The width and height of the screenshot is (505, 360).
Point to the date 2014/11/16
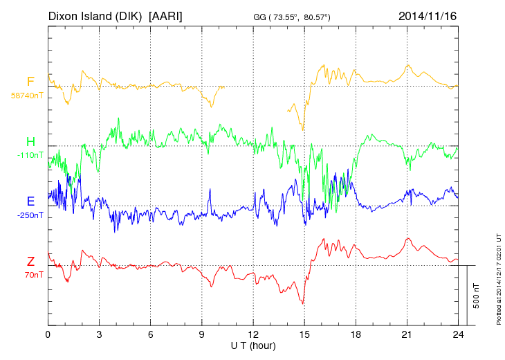(428, 15)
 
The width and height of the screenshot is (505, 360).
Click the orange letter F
(30, 81)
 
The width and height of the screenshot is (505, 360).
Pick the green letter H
(30, 141)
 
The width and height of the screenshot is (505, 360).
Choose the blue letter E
(30, 201)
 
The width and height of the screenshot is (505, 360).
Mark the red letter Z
(30, 261)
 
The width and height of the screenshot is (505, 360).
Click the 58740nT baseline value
(27, 95)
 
